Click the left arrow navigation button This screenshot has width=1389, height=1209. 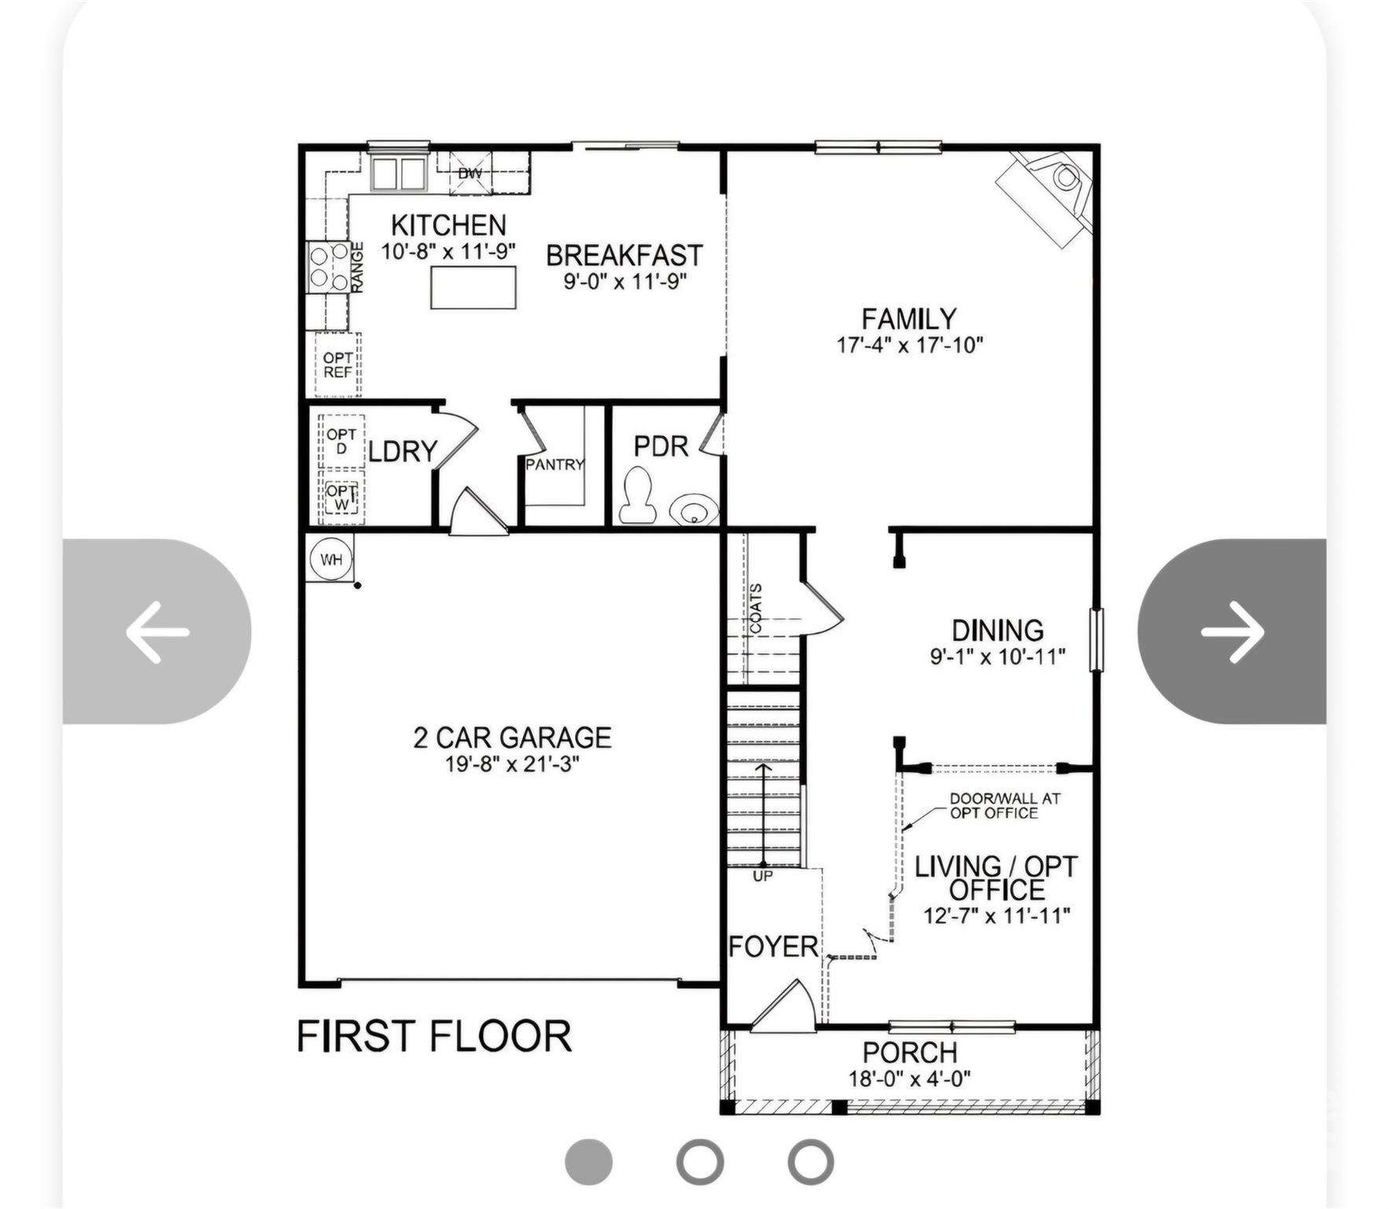(x=157, y=631)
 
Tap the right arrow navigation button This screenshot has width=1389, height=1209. (x=1232, y=631)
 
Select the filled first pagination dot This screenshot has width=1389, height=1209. (x=588, y=1161)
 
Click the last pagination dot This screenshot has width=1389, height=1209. (x=810, y=1161)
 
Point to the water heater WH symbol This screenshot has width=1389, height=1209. (x=331, y=560)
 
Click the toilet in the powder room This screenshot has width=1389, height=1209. (x=637, y=495)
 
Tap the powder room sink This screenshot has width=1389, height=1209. (x=694, y=508)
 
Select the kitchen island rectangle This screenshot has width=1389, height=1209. (x=473, y=287)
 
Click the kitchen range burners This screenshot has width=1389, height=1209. (x=330, y=266)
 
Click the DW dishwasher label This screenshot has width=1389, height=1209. (x=470, y=173)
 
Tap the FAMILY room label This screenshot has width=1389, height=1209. (x=909, y=319)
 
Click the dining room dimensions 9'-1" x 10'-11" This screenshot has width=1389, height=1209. (x=997, y=656)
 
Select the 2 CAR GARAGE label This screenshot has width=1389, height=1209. (x=513, y=738)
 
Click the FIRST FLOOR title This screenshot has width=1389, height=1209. (x=434, y=1036)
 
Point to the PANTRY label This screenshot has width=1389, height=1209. (x=555, y=464)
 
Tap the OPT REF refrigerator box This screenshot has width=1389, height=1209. (x=337, y=364)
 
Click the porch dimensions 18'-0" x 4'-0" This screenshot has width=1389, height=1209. (x=909, y=1078)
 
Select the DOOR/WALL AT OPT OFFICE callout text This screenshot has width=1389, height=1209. (x=1004, y=805)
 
